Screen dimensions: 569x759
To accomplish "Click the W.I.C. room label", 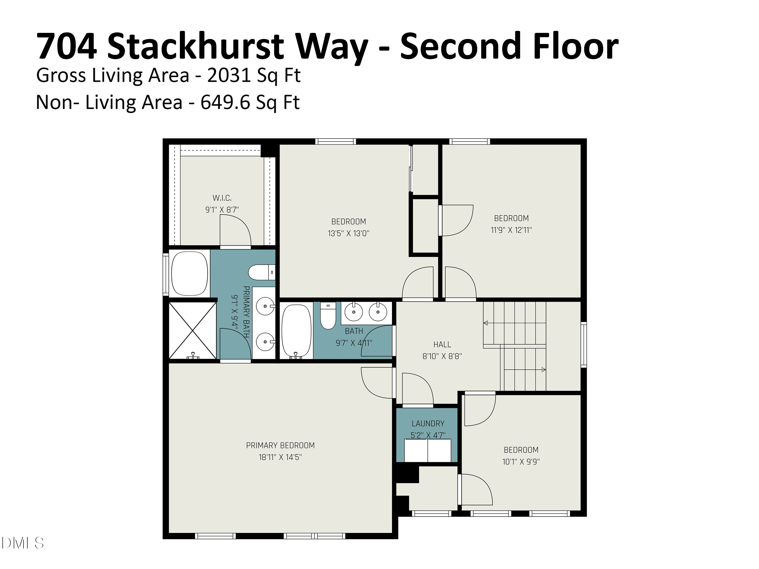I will (x=222, y=198).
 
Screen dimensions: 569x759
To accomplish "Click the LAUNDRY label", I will (x=428, y=424).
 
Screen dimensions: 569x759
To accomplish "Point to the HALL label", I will (x=442, y=344).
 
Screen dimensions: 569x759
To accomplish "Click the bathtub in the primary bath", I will (x=189, y=273).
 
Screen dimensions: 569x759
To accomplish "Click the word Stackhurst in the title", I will (x=196, y=46).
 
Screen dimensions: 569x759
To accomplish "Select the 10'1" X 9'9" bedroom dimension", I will (x=521, y=462).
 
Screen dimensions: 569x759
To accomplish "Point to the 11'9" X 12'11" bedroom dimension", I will (x=511, y=230).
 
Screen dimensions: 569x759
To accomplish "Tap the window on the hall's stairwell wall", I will (x=583, y=345).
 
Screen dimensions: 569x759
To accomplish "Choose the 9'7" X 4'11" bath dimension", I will (x=354, y=343).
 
